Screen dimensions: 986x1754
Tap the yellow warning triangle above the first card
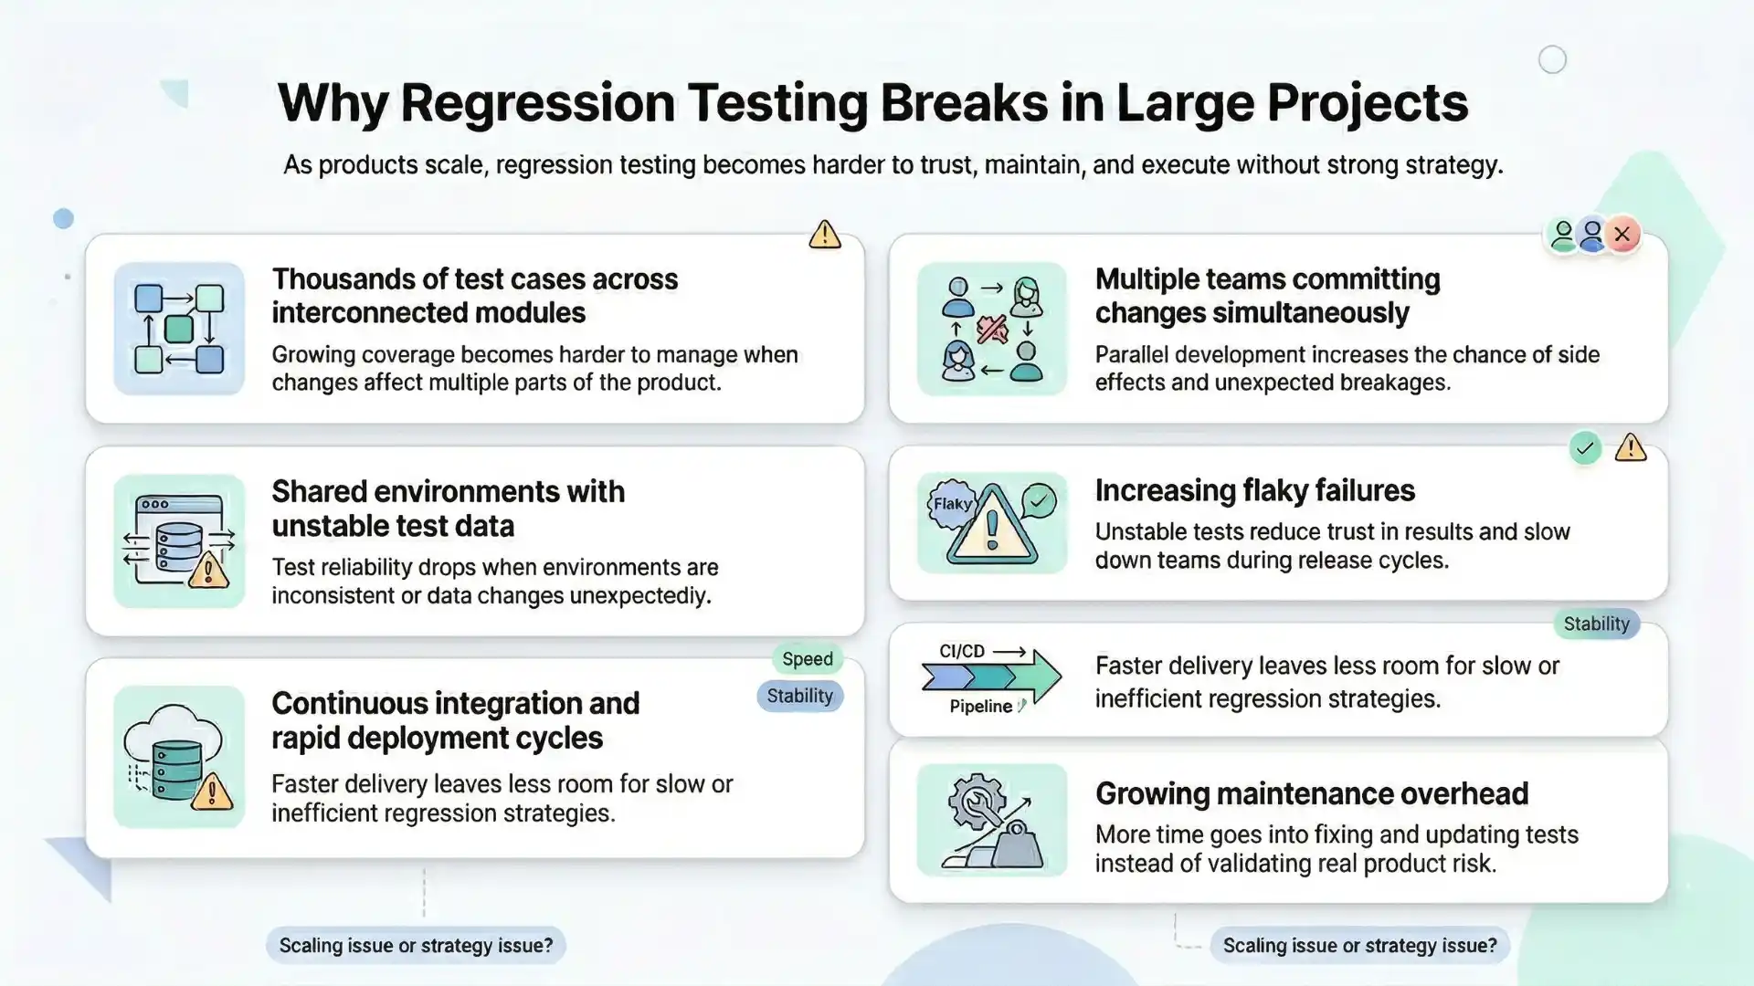[x=824, y=235]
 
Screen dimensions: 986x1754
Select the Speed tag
[x=807, y=659]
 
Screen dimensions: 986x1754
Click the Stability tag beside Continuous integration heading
[x=799, y=697]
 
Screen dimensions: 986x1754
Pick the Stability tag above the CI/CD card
[x=1596, y=624]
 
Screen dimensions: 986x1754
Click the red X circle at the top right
[x=1622, y=235]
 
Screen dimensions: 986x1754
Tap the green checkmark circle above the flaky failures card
[x=1585, y=448]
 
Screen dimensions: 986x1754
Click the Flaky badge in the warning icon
[x=952, y=504]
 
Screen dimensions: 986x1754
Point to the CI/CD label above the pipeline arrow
[x=962, y=651]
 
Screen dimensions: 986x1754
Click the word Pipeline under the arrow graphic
[x=980, y=707]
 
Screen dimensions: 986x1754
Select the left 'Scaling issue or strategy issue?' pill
[x=416, y=946]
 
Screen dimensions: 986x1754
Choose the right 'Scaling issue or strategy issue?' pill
[x=1359, y=946]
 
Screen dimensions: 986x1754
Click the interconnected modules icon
[x=179, y=329]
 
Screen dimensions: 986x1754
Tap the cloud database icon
[x=179, y=757]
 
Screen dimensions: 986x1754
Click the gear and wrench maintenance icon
[x=991, y=821]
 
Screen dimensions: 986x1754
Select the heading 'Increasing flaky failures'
[x=1254, y=491]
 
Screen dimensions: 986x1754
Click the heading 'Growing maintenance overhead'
[x=1311, y=794]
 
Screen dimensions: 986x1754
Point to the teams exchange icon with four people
[x=991, y=329]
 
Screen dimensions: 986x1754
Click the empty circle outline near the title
[x=1552, y=60]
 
